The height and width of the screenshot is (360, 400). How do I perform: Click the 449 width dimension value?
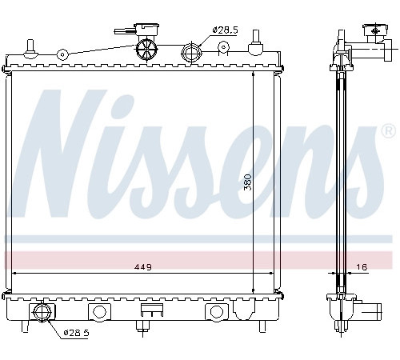click(x=142, y=266)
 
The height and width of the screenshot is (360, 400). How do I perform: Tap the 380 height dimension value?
click(x=248, y=182)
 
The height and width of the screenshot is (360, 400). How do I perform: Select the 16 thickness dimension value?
click(x=362, y=266)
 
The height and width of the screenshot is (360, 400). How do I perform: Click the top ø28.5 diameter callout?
click(x=225, y=30)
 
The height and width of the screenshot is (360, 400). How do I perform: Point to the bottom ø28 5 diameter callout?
click(x=76, y=333)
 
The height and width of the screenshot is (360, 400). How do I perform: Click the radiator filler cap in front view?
click(x=146, y=29)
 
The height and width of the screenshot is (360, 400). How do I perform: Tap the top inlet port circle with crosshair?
click(x=191, y=52)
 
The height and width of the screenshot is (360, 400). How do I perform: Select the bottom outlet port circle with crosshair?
click(x=42, y=312)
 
